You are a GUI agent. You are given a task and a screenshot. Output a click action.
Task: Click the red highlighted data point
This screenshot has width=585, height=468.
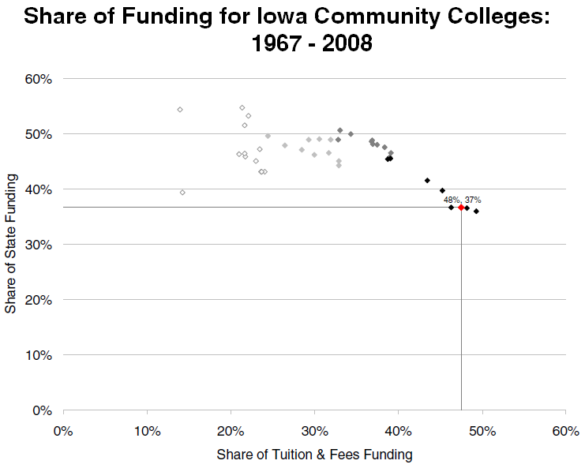coord(461,207)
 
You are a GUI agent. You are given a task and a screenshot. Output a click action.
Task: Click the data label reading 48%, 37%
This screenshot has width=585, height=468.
coord(462,200)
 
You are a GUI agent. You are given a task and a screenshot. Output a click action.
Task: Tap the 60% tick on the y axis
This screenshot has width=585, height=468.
coord(39,79)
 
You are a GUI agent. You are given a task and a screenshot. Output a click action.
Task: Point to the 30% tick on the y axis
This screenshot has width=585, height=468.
coord(39,245)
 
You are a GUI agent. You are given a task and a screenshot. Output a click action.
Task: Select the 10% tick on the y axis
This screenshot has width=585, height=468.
coord(39,355)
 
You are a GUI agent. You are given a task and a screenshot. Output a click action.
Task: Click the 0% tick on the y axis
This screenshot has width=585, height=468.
coord(43,410)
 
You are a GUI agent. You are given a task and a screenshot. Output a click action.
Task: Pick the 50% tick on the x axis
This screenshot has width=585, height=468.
coord(482,431)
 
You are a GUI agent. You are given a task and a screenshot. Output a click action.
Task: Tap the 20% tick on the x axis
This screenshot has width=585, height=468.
coord(231,431)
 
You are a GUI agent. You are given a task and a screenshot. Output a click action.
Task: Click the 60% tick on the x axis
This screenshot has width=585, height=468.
coord(565,431)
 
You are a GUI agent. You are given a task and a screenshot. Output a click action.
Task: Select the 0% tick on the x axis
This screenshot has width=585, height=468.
coord(63,431)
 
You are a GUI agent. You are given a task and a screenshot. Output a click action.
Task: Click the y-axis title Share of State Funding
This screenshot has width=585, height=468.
coord(11,245)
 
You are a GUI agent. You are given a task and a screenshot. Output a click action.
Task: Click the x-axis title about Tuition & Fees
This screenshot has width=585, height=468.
coord(314,455)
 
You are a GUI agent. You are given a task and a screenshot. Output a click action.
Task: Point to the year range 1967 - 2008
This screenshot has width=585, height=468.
coord(311,43)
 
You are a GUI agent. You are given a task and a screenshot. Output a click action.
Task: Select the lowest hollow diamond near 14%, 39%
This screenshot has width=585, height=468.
coord(182,193)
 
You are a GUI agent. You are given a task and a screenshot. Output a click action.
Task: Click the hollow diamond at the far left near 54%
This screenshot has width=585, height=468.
coord(180,110)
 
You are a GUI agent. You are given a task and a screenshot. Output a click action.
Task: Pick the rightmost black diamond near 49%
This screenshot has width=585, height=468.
coord(476,211)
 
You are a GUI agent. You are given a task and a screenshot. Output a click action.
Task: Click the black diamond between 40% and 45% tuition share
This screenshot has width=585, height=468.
coord(427,180)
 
